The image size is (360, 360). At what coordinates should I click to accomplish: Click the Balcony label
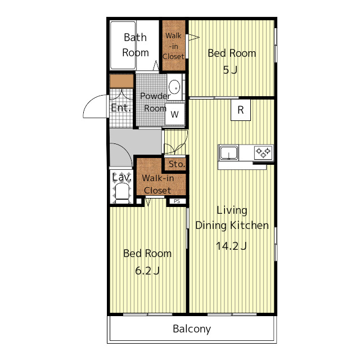tap(192, 329)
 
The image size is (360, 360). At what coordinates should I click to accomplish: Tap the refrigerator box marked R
tap(241, 110)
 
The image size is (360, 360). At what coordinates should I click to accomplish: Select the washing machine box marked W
tap(175, 114)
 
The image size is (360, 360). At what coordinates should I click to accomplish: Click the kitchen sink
tap(229, 152)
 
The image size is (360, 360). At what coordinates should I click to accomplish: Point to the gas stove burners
tap(263, 152)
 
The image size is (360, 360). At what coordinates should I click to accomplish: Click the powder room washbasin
tap(174, 87)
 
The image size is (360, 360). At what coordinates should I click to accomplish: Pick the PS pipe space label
tap(177, 201)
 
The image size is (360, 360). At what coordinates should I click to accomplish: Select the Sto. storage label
tap(177, 164)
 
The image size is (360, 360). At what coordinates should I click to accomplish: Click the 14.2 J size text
tap(231, 246)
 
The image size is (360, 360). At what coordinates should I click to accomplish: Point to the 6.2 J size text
tap(147, 271)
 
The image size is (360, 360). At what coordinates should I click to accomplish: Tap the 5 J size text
tap(230, 70)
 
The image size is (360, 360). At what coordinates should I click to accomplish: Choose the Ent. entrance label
tap(121, 107)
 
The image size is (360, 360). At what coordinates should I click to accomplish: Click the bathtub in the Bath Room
tap(123, 45)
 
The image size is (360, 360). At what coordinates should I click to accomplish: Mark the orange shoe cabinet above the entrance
tap(121, 81)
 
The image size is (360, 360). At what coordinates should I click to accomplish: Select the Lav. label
tap(121, 177)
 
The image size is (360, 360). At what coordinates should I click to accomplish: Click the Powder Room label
tap(154, 102)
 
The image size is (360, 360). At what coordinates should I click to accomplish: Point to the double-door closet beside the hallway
tap(175, 142)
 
